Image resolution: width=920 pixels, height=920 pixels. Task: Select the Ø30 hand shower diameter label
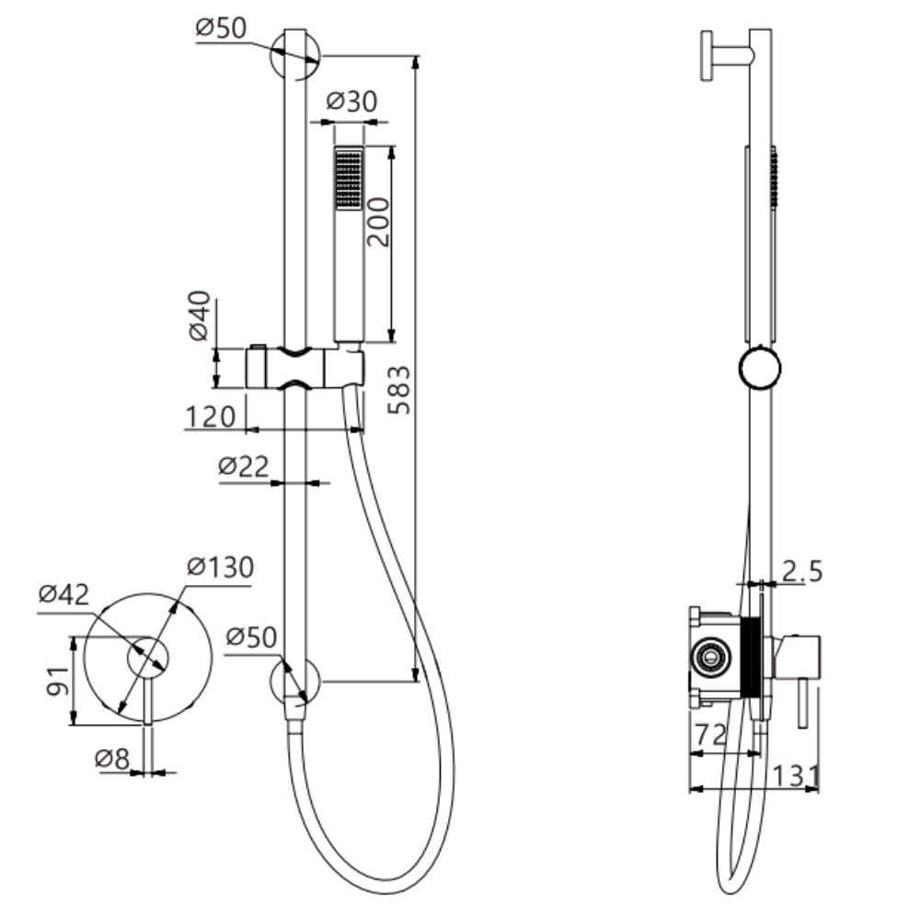coord(351,101)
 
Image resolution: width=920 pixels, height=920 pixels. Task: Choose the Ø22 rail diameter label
coord(243,466)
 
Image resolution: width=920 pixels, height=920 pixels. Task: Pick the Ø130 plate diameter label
coord(219,567)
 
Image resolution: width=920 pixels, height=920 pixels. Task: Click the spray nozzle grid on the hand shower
coord(349,178)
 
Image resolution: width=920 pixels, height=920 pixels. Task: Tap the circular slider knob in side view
coord(760,370)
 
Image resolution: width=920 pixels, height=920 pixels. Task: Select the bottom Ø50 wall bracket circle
coord(294,683)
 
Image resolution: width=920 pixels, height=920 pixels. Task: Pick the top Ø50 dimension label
coord(221,28)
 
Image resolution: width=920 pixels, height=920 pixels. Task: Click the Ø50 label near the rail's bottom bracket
coord(251,636)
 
